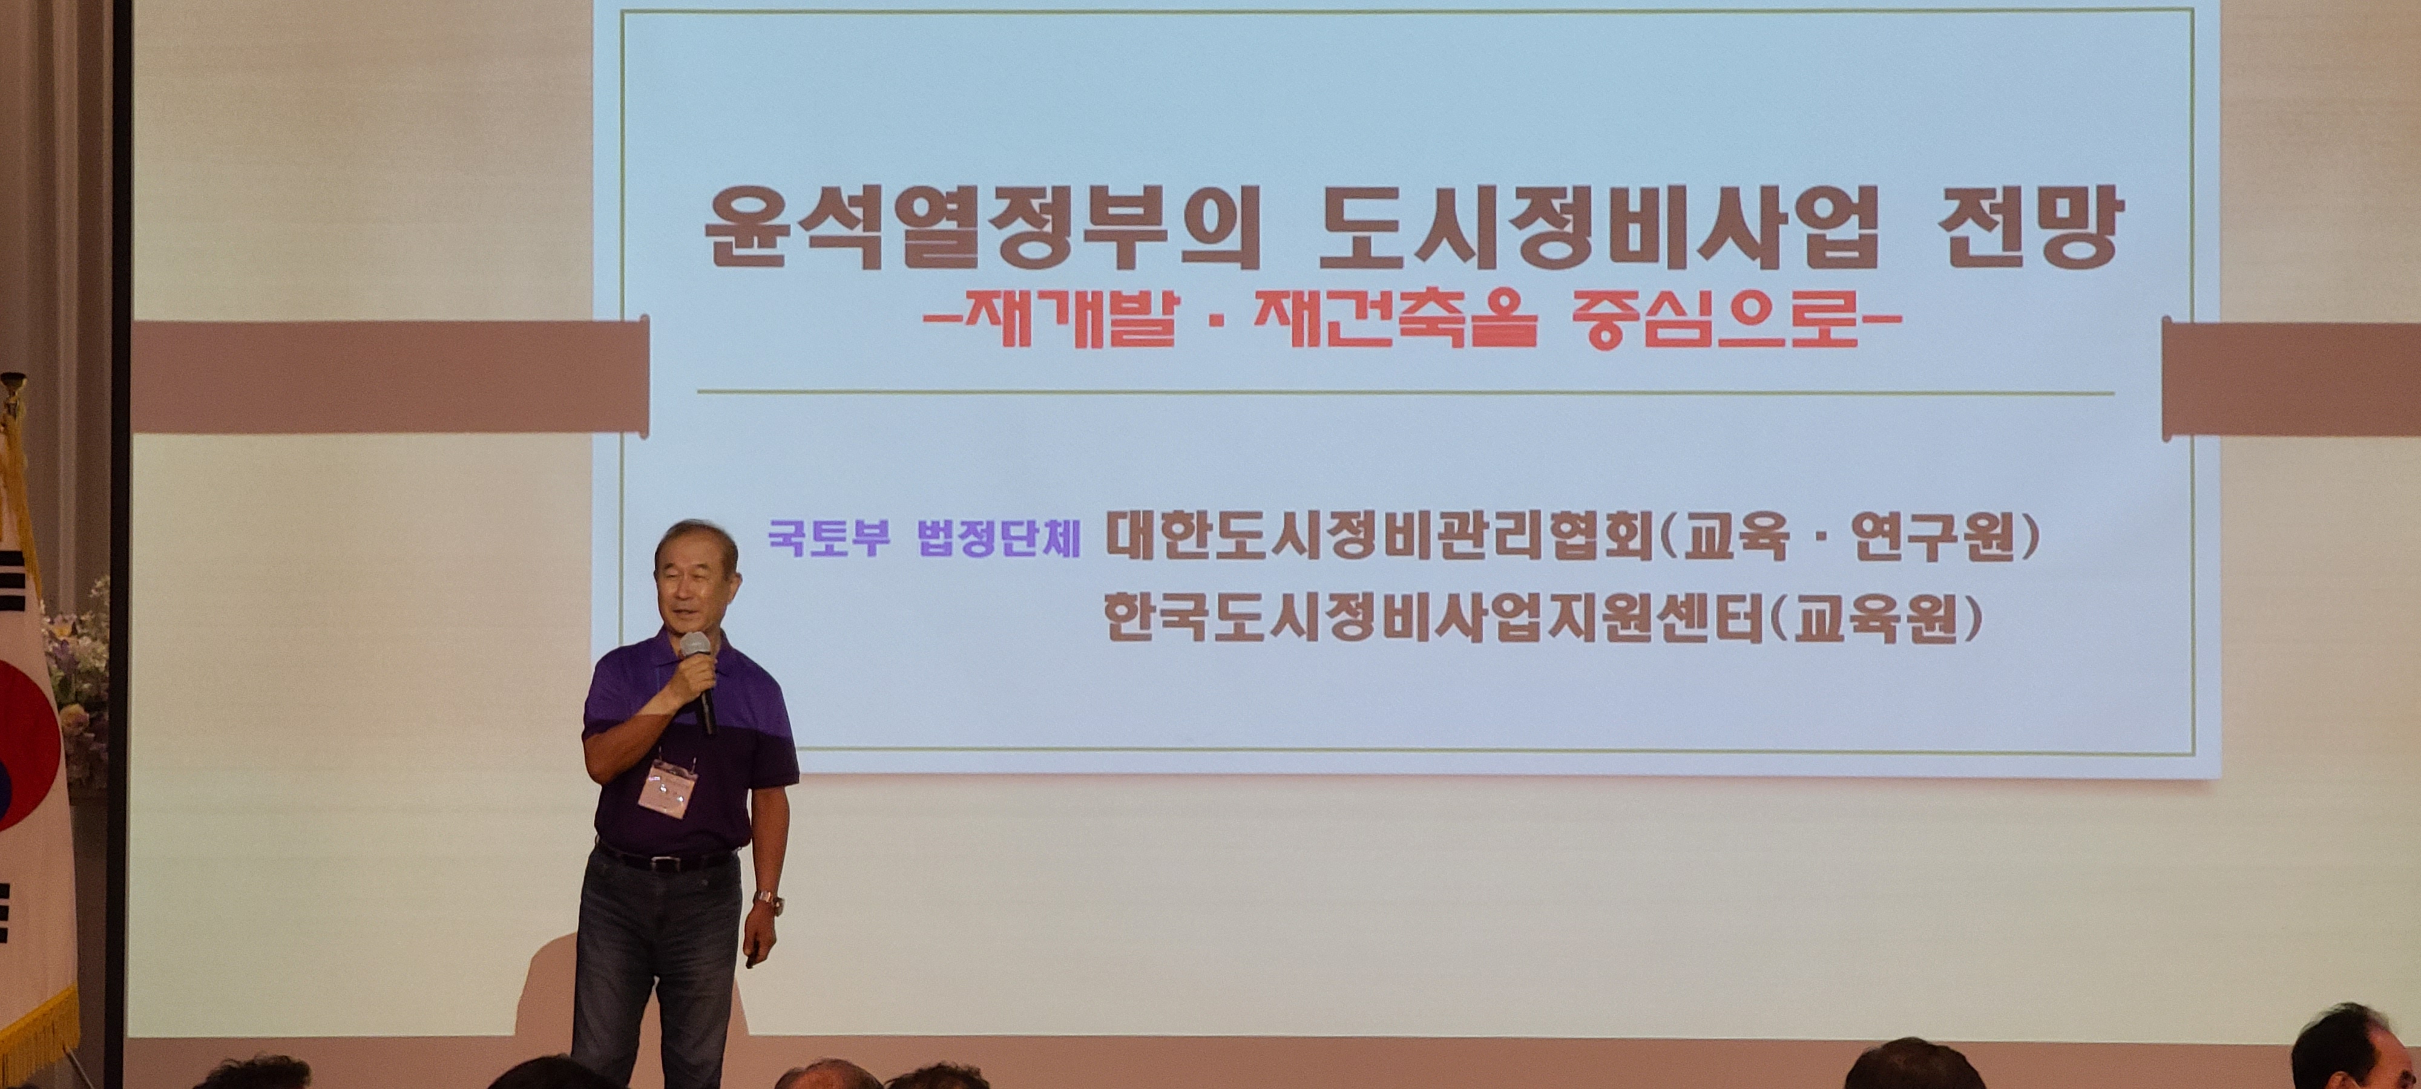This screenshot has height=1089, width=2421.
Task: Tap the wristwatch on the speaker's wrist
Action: [x=768, y=902]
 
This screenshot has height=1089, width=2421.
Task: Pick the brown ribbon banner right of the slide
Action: [x=2291, y=379]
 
